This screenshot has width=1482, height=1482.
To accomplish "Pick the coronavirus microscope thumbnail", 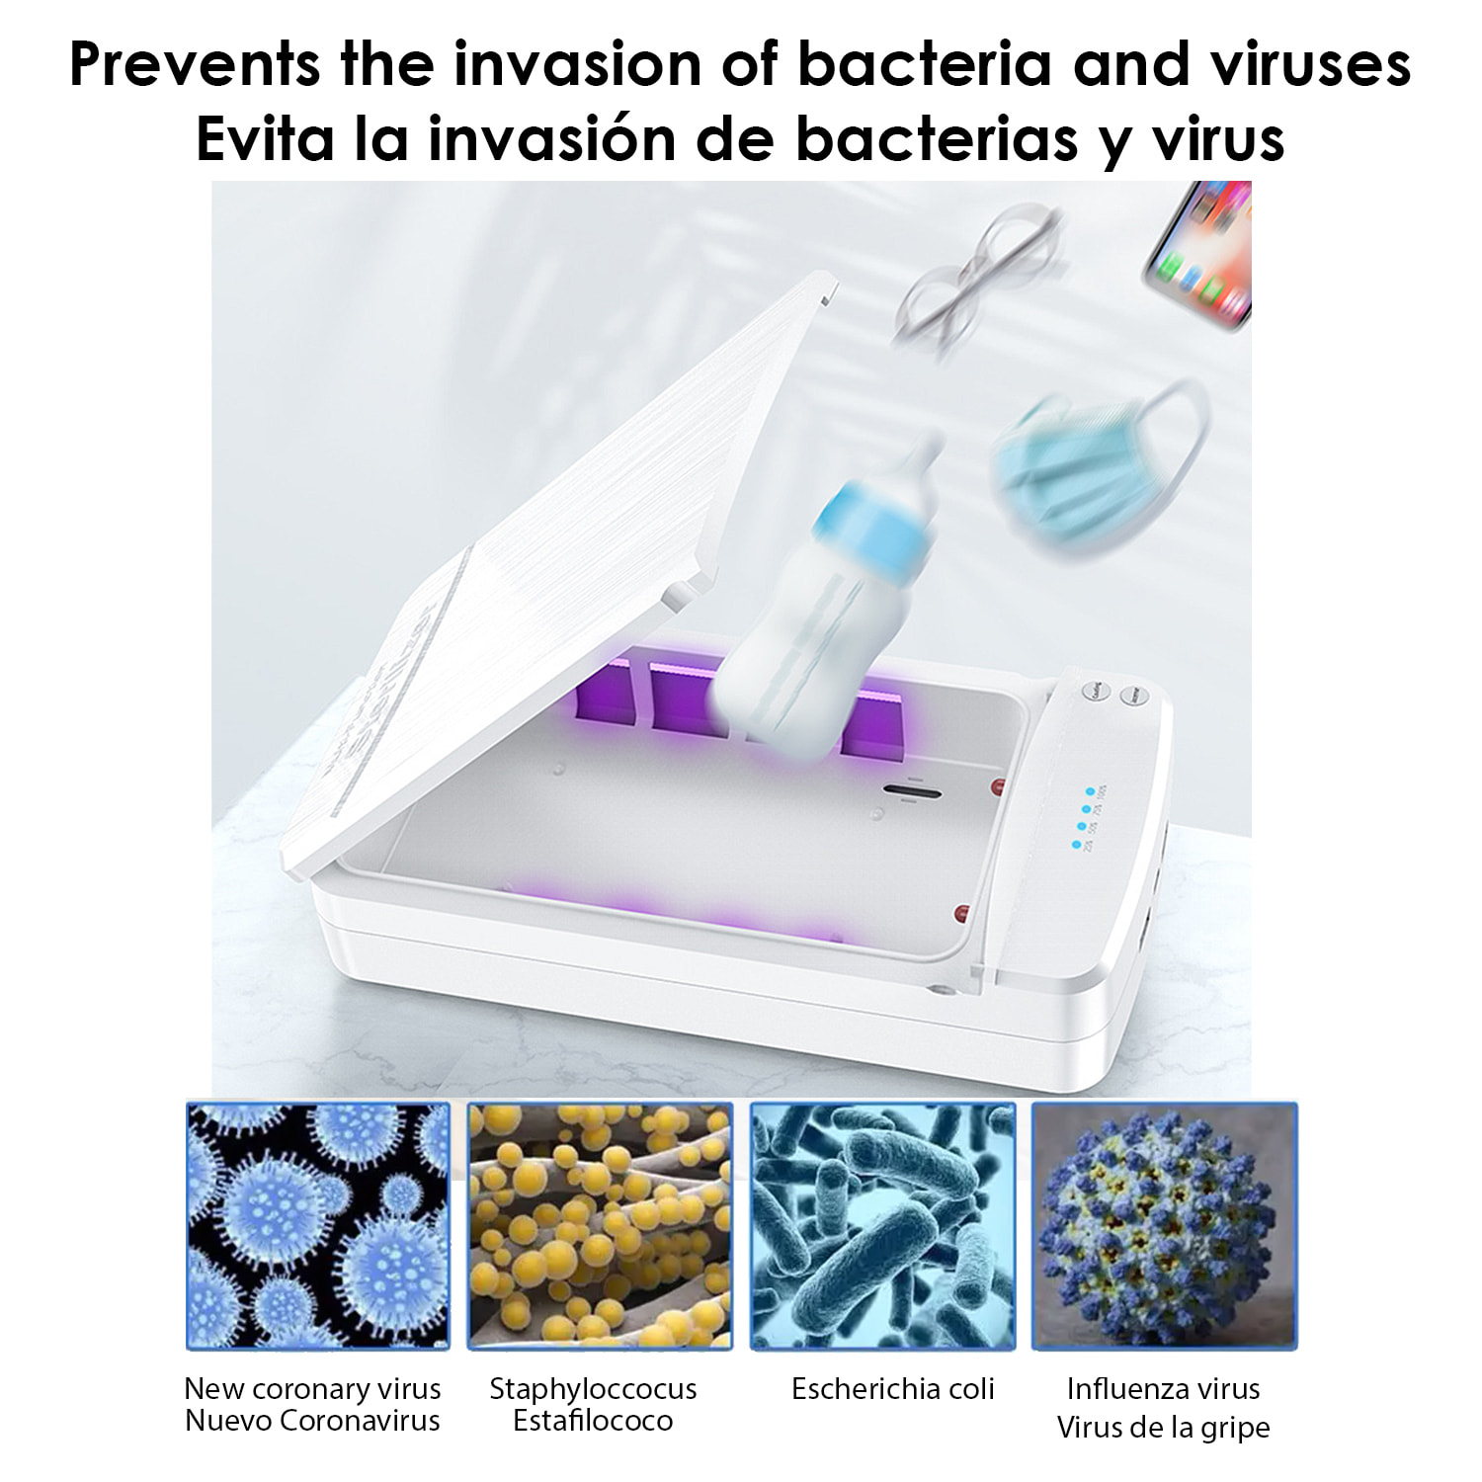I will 318,1226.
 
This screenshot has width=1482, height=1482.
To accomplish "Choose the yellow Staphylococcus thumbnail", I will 599,1226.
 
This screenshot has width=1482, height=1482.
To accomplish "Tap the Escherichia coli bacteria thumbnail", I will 882,1226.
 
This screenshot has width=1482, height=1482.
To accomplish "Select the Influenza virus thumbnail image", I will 1164,1226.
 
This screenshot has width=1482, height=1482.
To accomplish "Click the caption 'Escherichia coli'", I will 892,1388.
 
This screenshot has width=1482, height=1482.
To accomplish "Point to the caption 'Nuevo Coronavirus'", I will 312,1421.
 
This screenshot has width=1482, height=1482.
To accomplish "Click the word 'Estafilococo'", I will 593,1421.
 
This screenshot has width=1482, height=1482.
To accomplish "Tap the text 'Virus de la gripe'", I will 1163,1427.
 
